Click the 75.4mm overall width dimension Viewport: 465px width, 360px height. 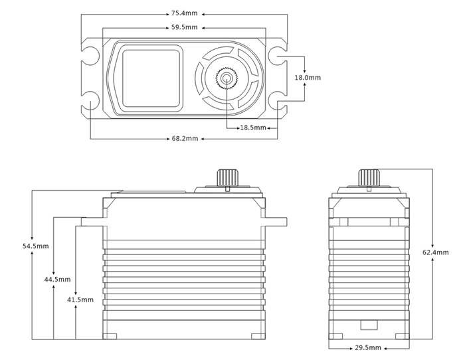point(184,12)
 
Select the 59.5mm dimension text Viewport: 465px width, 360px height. point(184,28)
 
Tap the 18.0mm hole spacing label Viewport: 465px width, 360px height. point(308,78)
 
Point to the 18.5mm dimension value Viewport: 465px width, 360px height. point(253,127)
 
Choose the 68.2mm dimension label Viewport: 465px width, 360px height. point(184,139)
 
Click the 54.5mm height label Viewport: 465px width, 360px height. point(35,246)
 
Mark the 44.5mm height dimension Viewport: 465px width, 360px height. point(57,280)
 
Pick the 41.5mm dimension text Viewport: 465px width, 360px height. point(80,300)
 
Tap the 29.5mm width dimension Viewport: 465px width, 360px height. point(368,347)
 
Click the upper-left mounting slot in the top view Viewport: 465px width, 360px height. point(90,50)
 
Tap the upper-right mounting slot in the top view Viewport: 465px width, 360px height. point(278,50)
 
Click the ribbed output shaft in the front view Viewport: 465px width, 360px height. point(227,177)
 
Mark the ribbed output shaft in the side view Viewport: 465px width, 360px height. point(368,177)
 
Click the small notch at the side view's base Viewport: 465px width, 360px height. point(367,326)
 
